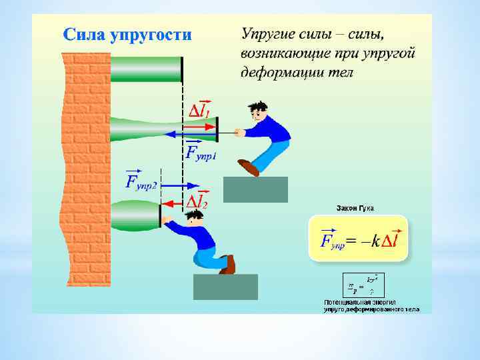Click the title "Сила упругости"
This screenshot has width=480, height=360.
127,35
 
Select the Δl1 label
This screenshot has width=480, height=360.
199,111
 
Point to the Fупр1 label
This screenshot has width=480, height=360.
201,154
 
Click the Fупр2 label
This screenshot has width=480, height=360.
141,181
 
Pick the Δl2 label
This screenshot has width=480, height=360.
197,201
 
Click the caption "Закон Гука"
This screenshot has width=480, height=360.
355,208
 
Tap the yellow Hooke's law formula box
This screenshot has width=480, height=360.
358,238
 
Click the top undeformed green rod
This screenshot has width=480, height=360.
146,69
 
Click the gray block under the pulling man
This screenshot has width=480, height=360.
255,189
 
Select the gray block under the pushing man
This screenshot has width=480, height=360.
225,287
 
